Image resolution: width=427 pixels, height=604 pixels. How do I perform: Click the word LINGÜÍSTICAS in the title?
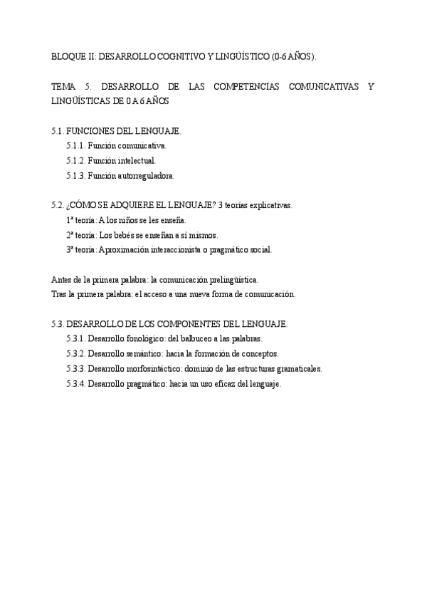(x=80, y=101)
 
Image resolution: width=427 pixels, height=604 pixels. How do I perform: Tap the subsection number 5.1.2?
(x=76, y=161)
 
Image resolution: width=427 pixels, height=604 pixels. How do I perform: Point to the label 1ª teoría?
(x=81, y=220)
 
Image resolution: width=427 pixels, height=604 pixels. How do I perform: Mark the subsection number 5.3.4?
(x=76, y=383)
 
